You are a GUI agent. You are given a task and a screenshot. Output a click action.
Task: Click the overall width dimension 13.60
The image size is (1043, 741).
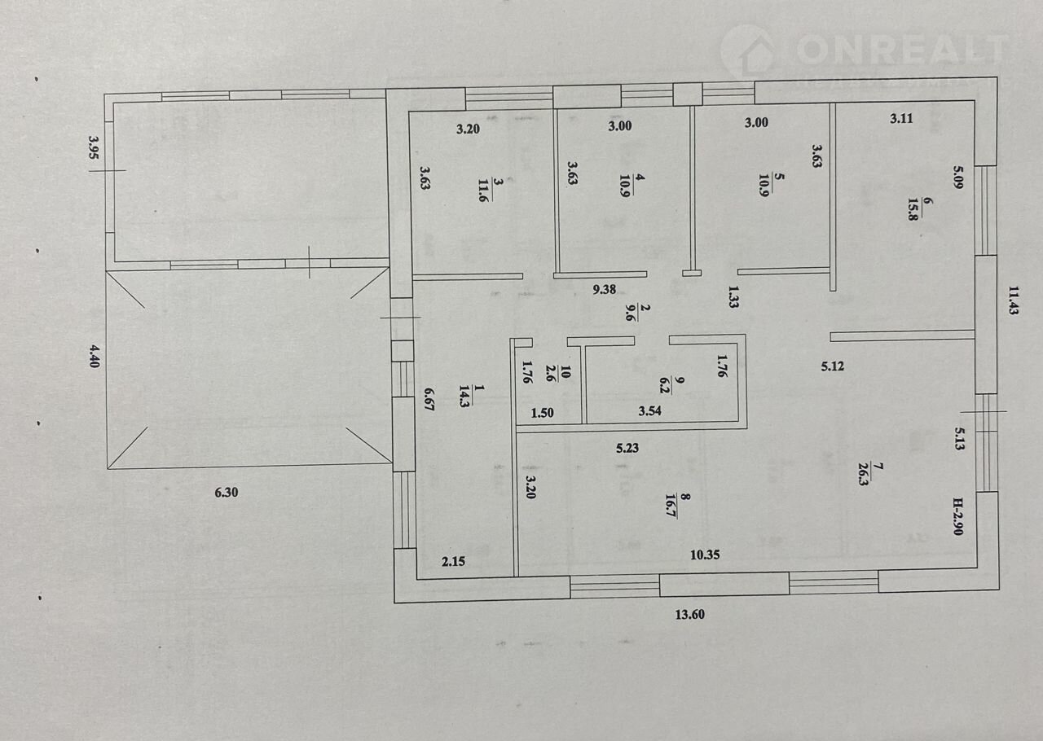689,615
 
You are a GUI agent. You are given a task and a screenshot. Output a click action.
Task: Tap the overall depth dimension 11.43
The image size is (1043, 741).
1012,300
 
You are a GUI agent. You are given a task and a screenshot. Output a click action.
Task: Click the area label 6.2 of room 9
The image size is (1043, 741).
664,386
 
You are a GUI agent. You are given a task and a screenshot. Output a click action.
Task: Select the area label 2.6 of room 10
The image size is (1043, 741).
550,373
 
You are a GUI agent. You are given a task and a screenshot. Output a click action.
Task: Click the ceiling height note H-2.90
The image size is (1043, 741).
957,516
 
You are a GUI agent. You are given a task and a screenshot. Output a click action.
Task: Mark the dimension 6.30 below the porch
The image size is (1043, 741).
227,492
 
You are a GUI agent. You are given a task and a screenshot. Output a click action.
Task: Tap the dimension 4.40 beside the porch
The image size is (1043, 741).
95,356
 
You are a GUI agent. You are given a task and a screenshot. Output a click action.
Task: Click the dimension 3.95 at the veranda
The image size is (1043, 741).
94,147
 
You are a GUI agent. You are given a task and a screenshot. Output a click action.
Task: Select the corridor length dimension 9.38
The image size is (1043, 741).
604,290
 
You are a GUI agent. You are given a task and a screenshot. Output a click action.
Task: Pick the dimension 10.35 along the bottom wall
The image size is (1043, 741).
705,555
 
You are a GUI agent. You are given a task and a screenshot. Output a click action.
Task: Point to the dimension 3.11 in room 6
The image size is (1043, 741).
901,118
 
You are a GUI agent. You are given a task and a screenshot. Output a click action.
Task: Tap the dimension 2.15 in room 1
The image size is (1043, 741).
453,561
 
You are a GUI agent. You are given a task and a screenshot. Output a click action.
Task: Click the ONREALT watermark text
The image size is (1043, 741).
902,49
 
